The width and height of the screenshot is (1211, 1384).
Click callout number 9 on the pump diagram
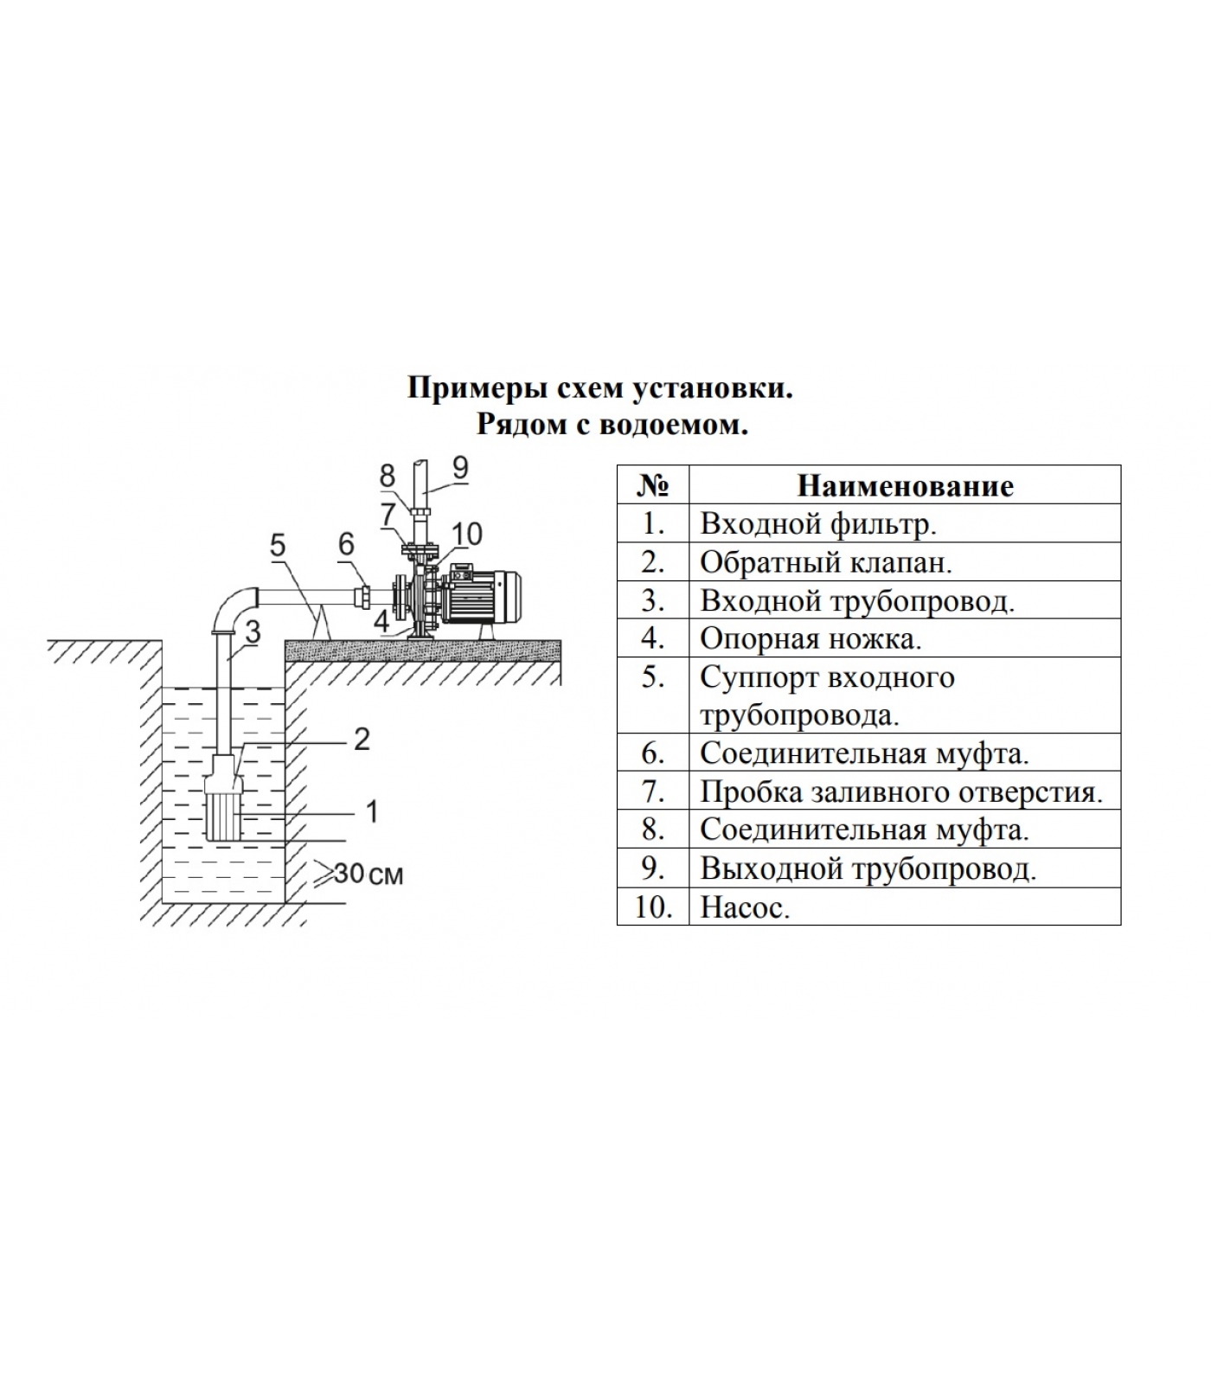(x=460, y=468)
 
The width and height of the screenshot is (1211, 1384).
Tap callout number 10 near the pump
(x=467, y=534)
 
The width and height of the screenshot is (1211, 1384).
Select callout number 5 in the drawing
(x=278, y=545)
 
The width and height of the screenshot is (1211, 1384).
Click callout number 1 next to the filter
(x=372, y=811)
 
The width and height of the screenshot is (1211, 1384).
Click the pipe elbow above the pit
(x=233, y=605)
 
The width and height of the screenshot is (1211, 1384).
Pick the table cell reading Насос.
(x=745, y=907)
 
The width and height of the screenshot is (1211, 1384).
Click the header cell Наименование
(x=904, y=485)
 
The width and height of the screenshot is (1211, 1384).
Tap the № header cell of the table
(x=652, y=485)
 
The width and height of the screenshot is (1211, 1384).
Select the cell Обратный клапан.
(x=825, y=562)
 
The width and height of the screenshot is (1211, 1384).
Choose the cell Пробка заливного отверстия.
(x=900, y=791)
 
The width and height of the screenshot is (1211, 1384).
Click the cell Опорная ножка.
(x=811, y=638)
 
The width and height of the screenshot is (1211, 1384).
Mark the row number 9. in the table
(x=652, y=868)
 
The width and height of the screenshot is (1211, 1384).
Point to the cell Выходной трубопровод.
(x=868, y=868)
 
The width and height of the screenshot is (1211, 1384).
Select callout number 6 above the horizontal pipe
(x=346, y=544)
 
